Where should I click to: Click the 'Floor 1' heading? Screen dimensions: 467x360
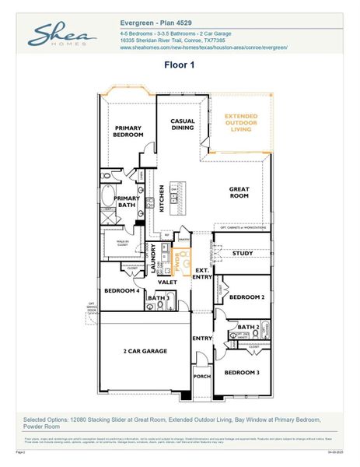tap(180, 66)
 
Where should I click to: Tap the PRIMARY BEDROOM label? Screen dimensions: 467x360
tap(130, 132)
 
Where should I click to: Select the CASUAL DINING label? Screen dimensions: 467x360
tap(183, 125)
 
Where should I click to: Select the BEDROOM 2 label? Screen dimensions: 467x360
tap(243, 297)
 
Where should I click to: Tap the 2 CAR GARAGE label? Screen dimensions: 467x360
tap(144, 352)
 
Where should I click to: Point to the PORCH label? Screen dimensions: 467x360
tap(202, 376)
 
